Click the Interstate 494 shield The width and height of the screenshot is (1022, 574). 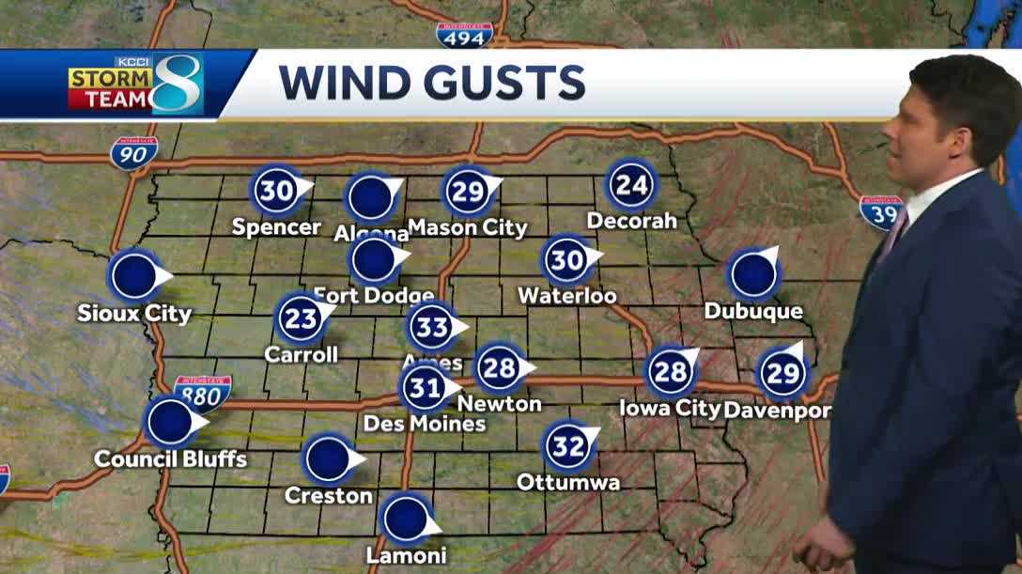[x=464, y=36]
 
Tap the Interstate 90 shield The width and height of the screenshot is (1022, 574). [x=133, y=151]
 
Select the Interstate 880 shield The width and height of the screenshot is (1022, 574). [x=202, y=392]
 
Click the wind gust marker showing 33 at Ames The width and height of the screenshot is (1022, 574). [x=432, y=327]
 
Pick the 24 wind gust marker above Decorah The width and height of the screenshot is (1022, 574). [x=631, y=185]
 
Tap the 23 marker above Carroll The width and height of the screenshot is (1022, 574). [x=302, y=318]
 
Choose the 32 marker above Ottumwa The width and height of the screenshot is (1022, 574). [x=568, y=446]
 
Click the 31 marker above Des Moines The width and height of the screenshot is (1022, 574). [x=425, y=387]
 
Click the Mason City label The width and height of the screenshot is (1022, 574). [x=468, y=227]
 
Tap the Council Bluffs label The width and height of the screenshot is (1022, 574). [x=171, y=458]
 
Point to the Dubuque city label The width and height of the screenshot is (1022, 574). [x=753, y=311]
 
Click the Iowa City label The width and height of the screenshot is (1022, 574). [x=670, y=408]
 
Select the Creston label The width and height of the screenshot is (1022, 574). [x=329, y=495]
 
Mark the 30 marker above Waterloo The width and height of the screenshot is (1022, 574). [x=567, y=259]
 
